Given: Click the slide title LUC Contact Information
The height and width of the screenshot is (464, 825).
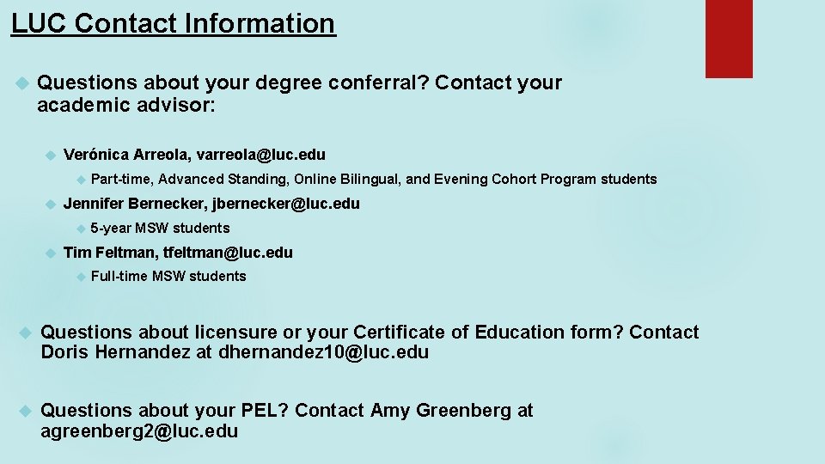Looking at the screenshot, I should click(x=173, y=23).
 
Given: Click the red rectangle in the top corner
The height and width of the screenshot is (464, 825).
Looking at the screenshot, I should click(x=729, y=39).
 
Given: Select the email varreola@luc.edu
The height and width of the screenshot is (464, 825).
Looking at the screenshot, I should click(x=261, y=155).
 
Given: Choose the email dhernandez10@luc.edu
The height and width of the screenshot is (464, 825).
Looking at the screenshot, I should click(x=323, y=352).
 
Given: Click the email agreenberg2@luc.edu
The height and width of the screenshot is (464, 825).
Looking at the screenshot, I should click(x=139, y=431).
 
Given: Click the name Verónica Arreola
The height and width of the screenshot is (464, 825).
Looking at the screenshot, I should click(x=125, y=155).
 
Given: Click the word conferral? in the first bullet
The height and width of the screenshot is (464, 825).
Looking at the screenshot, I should click(x=382, y=83).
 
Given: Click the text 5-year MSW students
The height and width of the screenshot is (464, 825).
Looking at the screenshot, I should click(x=160, y=229).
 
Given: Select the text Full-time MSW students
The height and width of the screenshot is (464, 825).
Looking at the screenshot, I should click(x=168, y=277).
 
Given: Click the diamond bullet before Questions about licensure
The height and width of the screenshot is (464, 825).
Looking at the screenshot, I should click(x=24, y=333).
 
